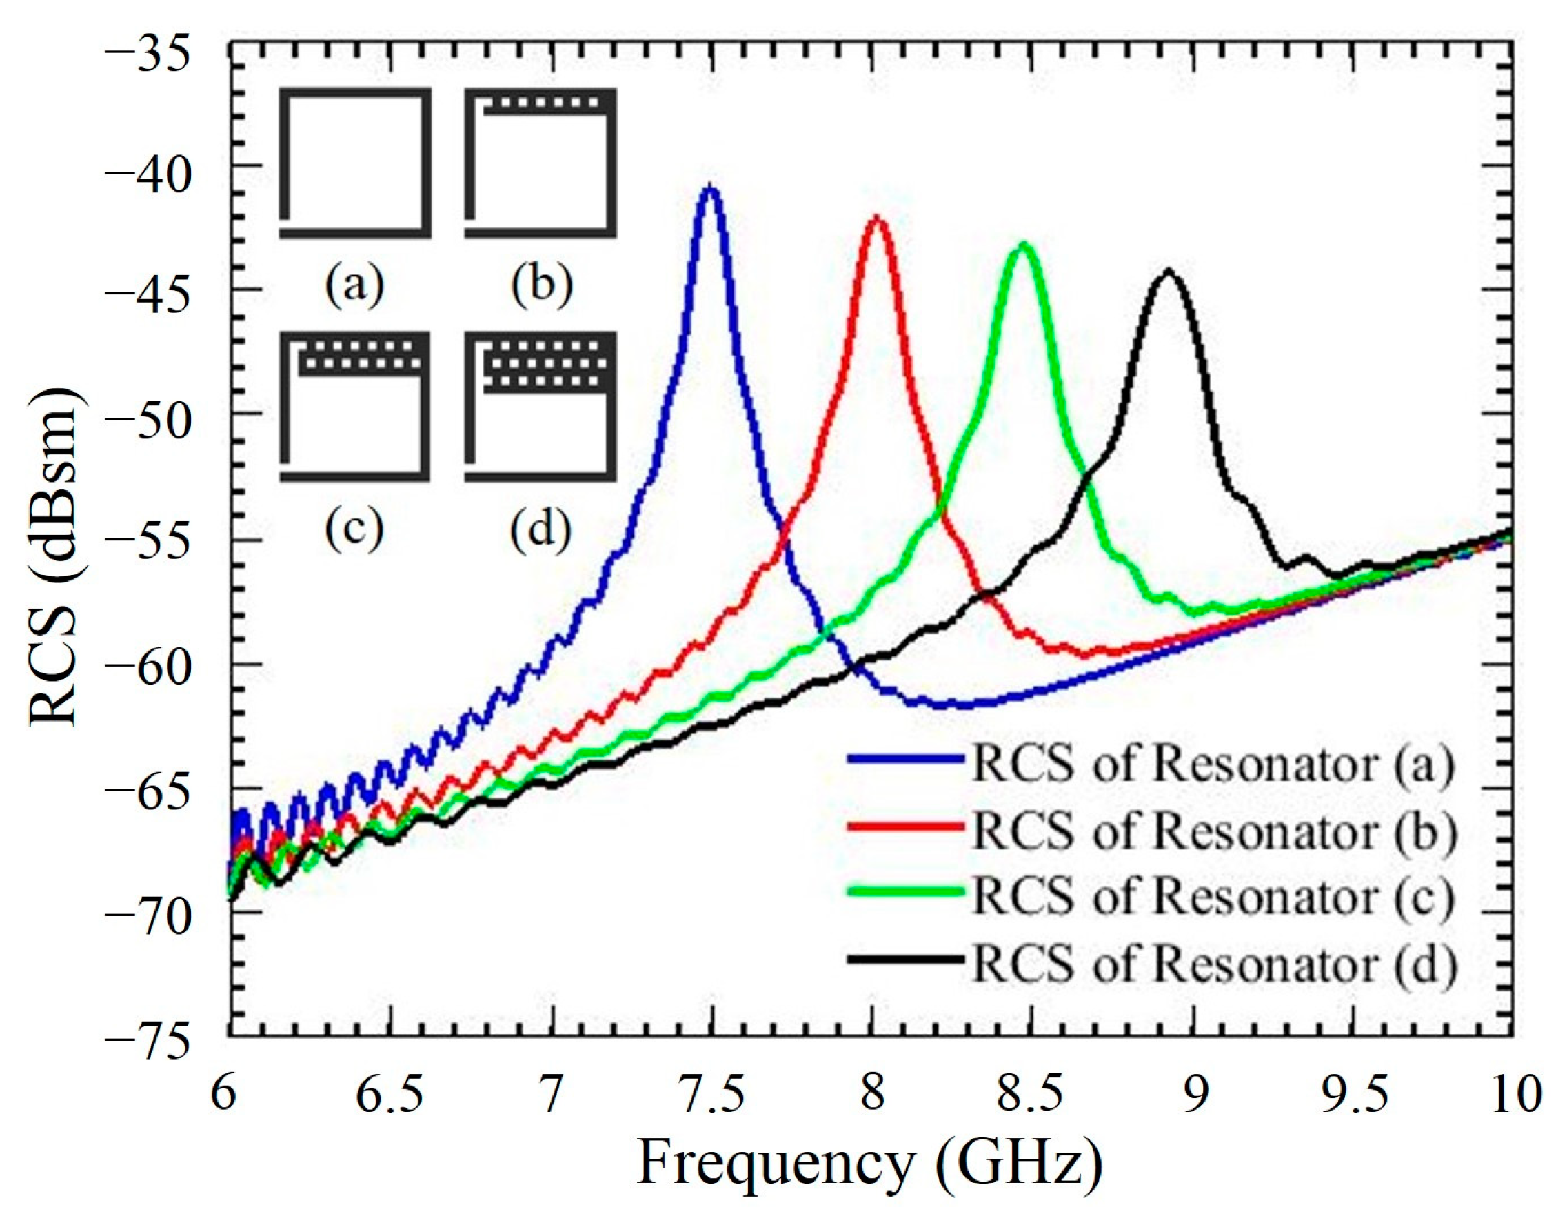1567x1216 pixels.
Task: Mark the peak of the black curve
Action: [1168, 271]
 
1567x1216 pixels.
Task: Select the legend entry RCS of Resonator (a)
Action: [1212, 765]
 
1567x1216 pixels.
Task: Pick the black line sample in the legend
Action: [905, 959]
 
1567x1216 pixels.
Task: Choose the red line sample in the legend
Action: [905, 825]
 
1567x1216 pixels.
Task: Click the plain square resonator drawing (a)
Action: [355, 163]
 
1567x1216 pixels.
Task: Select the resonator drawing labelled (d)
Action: [540, 407]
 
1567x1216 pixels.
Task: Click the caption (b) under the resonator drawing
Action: [542, 285]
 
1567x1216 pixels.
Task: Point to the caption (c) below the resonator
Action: [354, 528]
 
